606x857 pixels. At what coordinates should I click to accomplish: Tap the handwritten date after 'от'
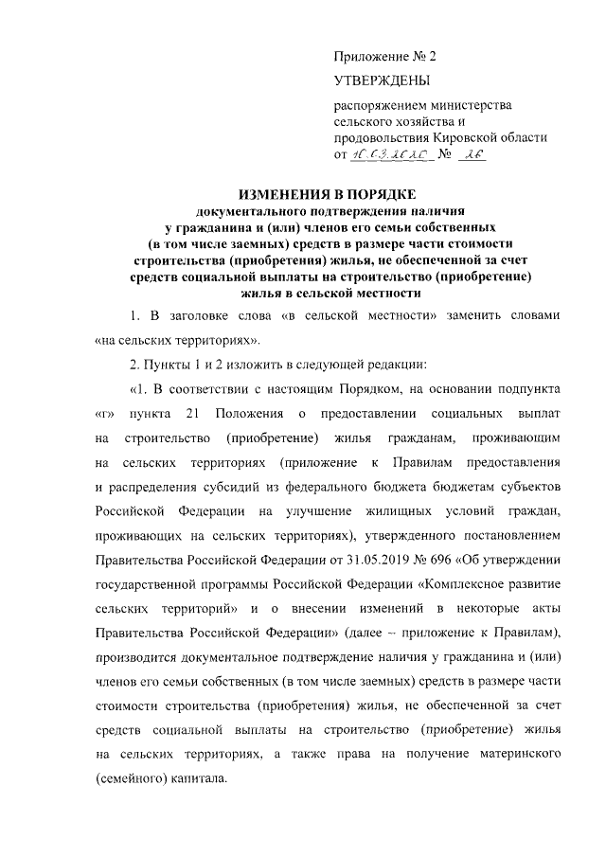(391, 154)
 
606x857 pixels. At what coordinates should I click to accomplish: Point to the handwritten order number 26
(471, 154)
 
